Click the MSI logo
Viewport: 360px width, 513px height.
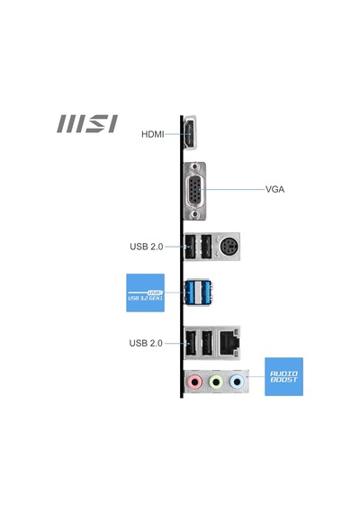pos(87,123)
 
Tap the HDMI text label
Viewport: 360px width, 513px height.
pos(153,134)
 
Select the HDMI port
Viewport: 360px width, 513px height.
pos(190,133)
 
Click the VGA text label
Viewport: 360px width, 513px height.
pos(274,189)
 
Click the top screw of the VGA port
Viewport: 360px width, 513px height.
pos(195,166)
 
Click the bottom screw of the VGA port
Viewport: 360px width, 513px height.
pos(195,214)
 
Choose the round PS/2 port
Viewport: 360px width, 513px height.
pos(229,247)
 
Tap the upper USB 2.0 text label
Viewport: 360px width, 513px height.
pos(147,247)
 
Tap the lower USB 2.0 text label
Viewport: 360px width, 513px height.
pos(146,343)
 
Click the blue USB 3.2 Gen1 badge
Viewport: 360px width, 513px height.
pos(145,292)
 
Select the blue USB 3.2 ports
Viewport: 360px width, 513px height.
pos(198,292)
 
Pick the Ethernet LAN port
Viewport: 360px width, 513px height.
pos(229,343)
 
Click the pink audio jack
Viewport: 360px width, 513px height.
pos(194,382)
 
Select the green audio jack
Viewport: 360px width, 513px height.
pos(216,382)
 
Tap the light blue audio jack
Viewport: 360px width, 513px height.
pos(237,382)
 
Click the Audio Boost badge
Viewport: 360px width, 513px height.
pos(283,376)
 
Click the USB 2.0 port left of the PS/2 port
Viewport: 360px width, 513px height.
pos(206,247)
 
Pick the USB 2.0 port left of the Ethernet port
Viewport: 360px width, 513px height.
pos(207,343)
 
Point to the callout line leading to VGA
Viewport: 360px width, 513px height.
pos(231,189)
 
